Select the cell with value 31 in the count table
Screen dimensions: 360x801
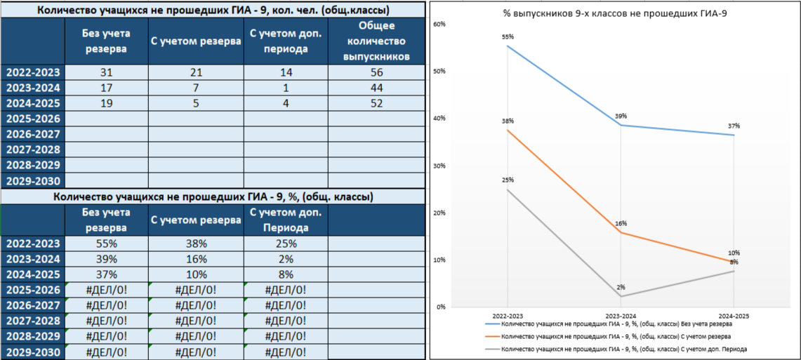tap(106, 72)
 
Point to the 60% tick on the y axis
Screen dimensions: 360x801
tap(441, 25)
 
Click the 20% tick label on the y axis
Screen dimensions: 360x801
tap(441, 213)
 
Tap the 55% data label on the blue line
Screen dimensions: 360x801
tap(508, 36)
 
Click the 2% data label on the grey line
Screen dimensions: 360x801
tap(621, 287)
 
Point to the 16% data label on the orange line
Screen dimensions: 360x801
tap(621, 223)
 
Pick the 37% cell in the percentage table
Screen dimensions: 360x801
tap(106, 274)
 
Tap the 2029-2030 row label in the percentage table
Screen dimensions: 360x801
tap(33, 352)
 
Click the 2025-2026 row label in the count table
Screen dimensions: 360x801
tap(33, 119)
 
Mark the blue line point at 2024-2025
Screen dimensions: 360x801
tap(734, 135)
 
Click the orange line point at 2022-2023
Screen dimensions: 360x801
tap(507, 130)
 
